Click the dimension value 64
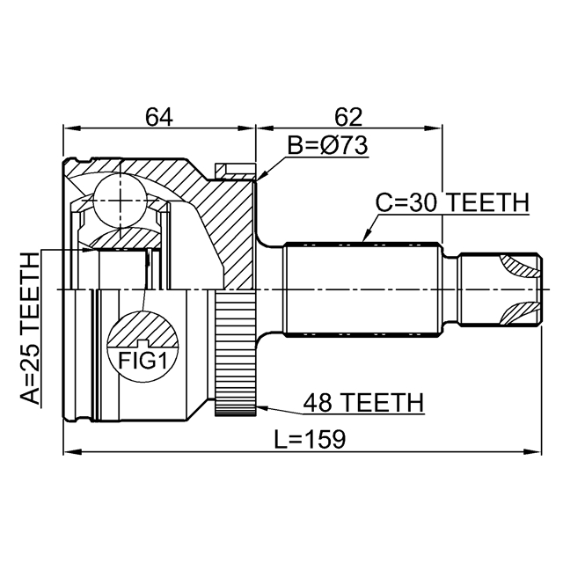[x=159, y=117]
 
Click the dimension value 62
[x=348, y=117]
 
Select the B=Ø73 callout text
[x=328, y=146]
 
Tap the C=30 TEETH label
[x=452, y=202]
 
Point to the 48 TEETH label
[x=363, y=403]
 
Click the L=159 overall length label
[x=310, y=439]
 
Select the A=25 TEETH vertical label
[x=29, y=328]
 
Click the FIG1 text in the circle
[x=143, y=361]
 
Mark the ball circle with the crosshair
[x=120, y=200]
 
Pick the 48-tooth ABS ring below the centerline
[x=236, y=354]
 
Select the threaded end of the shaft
[x=500, y=289]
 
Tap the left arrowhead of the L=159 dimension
[x=72, y=451]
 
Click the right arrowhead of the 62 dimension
[x=434, y=128]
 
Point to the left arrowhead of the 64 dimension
[x=72, y=128]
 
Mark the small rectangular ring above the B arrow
[x=236, y=172]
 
